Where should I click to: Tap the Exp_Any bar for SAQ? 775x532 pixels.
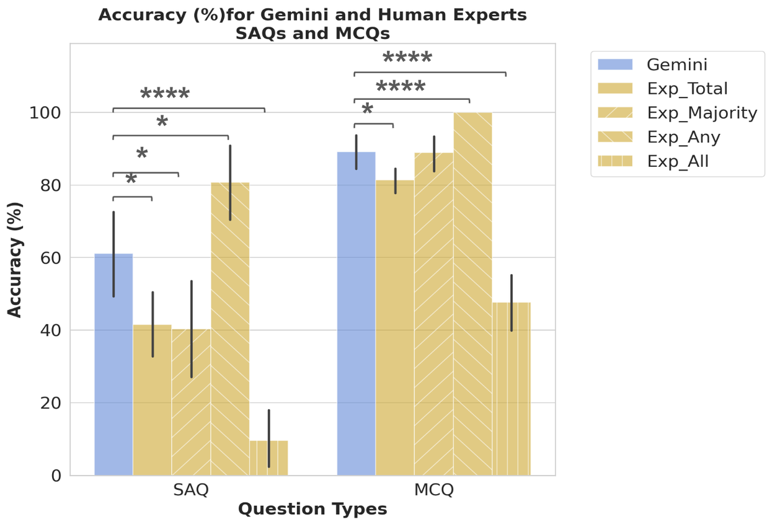(x=230, y=329)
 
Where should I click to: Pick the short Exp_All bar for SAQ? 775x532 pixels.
(x=268, y=458)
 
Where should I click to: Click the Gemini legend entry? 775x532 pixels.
(x=676, y=64)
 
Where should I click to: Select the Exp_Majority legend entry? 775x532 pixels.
(x=702, y=113)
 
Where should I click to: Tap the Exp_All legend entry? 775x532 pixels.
(x=678, y=161)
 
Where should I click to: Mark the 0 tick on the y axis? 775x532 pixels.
(x=56, y=476)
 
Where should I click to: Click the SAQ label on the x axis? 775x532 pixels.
(x=191, y=490)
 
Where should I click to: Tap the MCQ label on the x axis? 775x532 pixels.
(x=434, y=490)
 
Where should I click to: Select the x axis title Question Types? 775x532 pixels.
(x=312, y=510)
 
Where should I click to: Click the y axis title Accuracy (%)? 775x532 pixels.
(x=15, y=259)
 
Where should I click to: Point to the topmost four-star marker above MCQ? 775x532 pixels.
(x=407, y=59)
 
